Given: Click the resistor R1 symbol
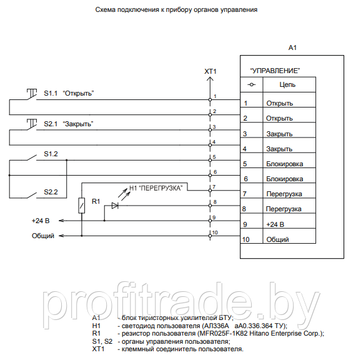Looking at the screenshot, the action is point(81,206).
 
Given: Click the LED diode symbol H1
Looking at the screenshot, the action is point(115,206).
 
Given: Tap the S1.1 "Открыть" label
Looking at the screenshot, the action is point(69,93).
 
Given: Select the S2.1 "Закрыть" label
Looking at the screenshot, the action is point(69,124).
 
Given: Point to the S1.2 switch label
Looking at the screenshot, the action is point(51,154).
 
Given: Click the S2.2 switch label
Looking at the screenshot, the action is point(51,192).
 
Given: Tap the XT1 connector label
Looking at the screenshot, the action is point(210,71).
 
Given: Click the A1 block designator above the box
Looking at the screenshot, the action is point(292,47).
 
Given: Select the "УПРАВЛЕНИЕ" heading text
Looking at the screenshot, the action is point(275,71).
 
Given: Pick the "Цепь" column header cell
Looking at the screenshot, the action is point(289,85).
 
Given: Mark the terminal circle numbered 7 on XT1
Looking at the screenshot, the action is point(210,191).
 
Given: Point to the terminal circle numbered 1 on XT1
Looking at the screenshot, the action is point(210,100).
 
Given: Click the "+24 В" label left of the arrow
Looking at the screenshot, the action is point(41,221).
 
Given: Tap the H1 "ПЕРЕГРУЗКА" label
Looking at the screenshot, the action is point(156,188).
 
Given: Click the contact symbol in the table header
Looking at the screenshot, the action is point(252,85).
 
